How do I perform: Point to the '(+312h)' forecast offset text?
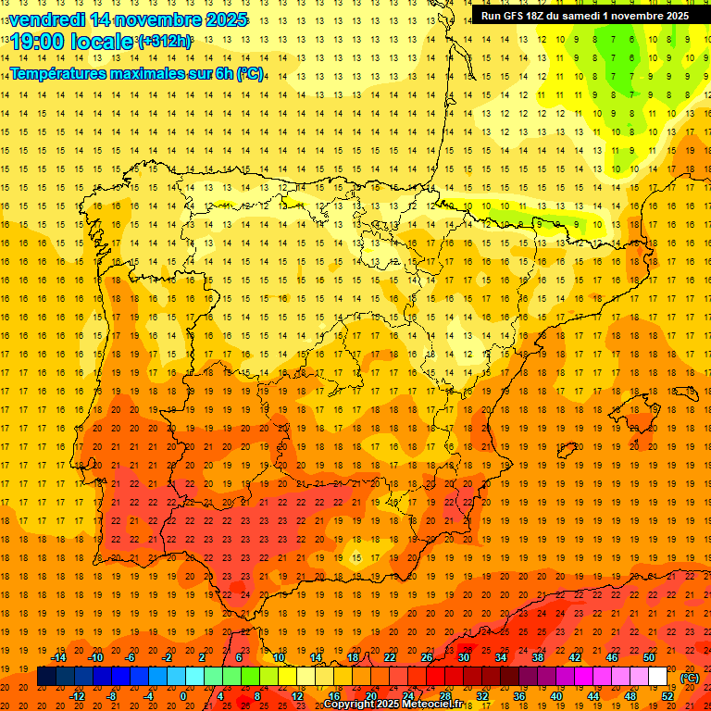click(x=165, y=42)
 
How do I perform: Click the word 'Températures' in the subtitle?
click(x=62, y=72)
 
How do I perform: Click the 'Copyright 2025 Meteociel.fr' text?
click(x=393, y=704)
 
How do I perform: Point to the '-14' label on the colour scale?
click(x=58, y=657)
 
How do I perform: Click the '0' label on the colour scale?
click(x=183, y=696)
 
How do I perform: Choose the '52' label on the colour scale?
click(x=667, y=696)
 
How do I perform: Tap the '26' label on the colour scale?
click(x=427, y=657)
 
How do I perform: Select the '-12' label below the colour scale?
click(x=78, y=696)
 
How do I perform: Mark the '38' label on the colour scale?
click(x=538, y=657)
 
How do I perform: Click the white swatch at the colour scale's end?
click(x=657, y=677)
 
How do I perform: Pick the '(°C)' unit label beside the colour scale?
click(x=690, y=677)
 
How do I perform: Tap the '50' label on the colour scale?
click(x=649, y=657)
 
